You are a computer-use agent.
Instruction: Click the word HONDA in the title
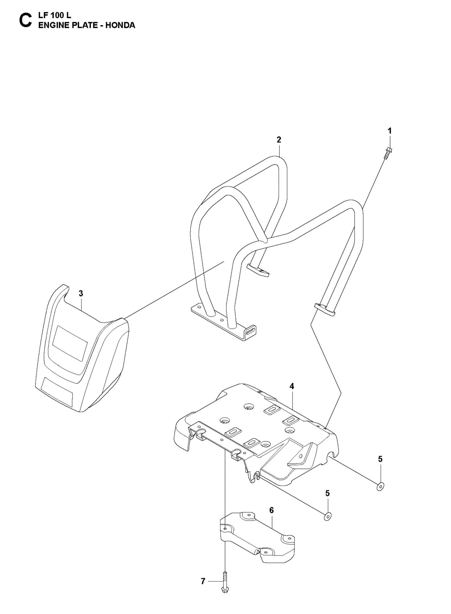[120, 26]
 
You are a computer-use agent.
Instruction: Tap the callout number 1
[389, 131]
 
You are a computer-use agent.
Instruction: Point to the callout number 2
[279, 140]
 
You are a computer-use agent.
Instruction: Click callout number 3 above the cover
[81, 293]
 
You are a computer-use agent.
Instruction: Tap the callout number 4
[292, 386]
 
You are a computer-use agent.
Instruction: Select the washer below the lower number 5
[328, 517]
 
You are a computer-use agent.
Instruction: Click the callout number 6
[271, 510]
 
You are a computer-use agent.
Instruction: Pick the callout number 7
[203, 581]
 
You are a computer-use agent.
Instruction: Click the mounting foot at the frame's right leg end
[325, 309]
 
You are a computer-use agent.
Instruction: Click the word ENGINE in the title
[52, 26]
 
